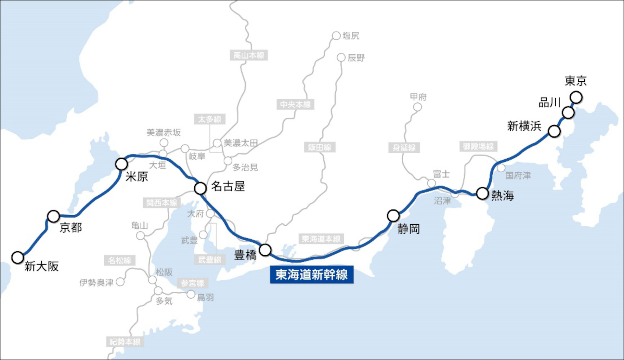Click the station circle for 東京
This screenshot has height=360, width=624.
pos(576,97)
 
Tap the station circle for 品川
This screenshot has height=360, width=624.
pos(568,113)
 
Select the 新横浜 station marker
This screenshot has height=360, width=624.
pos(554,131)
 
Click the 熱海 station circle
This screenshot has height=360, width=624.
pos(482,193)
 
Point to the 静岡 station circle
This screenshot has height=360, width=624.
pos(393,215)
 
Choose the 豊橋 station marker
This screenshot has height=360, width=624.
pos(265,250)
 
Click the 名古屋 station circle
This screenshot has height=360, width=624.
pos(200,188)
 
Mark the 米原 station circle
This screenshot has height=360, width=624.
pos(121,164)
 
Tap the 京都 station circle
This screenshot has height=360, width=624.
pos(54,216)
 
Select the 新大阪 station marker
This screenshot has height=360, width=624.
pos(18,257)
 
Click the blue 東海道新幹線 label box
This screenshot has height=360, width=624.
pos(312,275)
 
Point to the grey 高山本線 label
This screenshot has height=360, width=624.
pos(249,55)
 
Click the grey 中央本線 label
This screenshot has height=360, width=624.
pos(295,104)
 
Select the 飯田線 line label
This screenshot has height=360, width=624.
pos(319,147)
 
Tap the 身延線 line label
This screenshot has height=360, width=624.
pos(404,148)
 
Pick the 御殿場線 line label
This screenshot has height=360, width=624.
pos(478,146)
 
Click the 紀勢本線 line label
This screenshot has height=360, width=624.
pos(125,342)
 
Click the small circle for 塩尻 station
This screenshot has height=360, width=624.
pos(336,36)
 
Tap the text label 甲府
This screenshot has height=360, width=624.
pos(418,97)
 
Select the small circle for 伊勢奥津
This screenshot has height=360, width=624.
pos(120,282)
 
